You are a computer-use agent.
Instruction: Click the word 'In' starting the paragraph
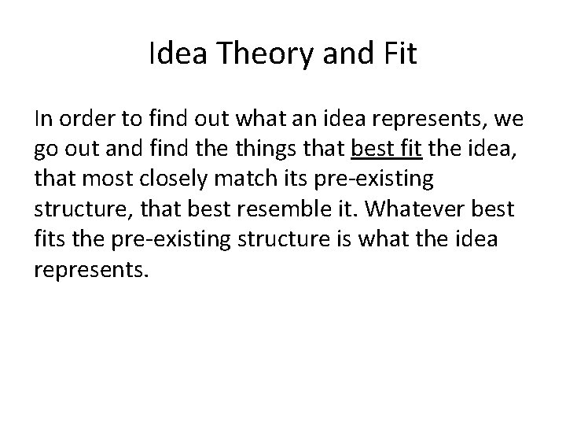tap(43, 120)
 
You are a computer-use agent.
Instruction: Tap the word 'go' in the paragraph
tap(45, 150)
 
